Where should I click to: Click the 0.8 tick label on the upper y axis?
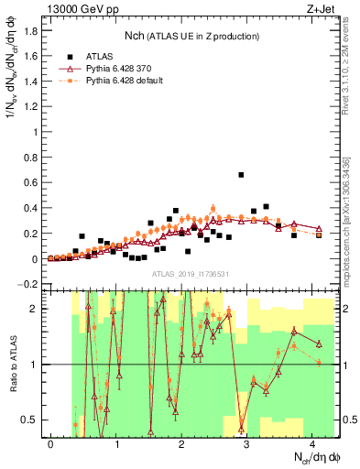tap(29, 158)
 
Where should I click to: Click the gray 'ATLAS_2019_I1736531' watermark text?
tap(191, 274)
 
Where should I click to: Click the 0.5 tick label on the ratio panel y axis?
tap(29, 420)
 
